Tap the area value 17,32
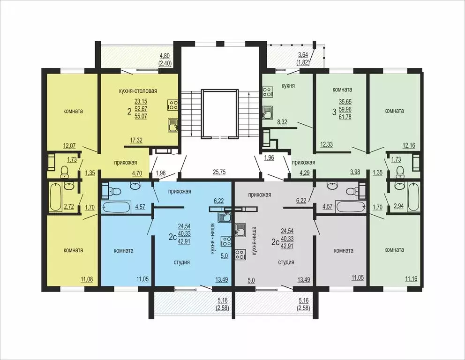tap(136, 140)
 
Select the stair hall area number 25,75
tap(219, 172)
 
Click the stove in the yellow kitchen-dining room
tap(172, 104)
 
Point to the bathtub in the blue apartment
tap(116, 207)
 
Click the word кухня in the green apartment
tap(288, 86)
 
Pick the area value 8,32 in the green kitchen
tap(282, 121)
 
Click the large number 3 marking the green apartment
tap(334, 112)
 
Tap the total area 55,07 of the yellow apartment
tap(141, 116)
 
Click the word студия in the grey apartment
tap(286, 262)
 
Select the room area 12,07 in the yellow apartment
tap(69, 146)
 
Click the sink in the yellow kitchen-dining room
tap(173, 125)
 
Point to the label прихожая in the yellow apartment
tap(126, 162)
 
